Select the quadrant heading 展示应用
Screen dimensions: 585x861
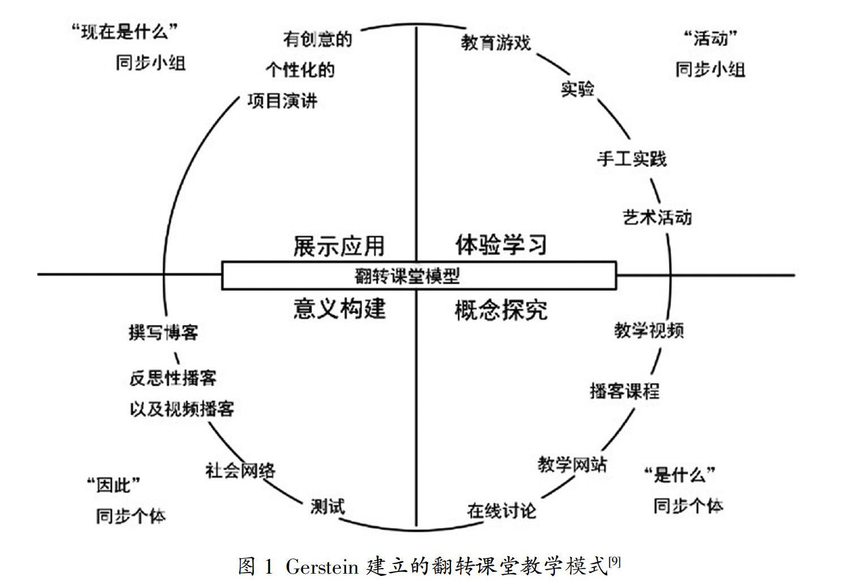339,246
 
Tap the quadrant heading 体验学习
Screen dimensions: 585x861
501,245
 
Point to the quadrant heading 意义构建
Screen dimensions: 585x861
339,309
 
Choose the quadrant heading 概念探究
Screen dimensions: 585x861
501,310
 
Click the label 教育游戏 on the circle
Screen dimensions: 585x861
496,42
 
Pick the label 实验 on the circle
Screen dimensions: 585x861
577,88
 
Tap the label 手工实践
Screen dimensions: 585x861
632,159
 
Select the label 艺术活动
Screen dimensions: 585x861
657,217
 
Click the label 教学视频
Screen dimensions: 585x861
649,330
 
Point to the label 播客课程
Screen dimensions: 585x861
625,391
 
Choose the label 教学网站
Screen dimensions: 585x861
572,464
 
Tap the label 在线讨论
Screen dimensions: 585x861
501,510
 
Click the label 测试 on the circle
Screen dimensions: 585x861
327,506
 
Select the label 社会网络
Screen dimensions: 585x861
240,470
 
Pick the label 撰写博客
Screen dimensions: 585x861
163,332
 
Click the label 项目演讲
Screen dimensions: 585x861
282,101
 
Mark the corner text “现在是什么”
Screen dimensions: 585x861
125,32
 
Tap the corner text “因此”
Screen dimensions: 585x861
113,485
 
